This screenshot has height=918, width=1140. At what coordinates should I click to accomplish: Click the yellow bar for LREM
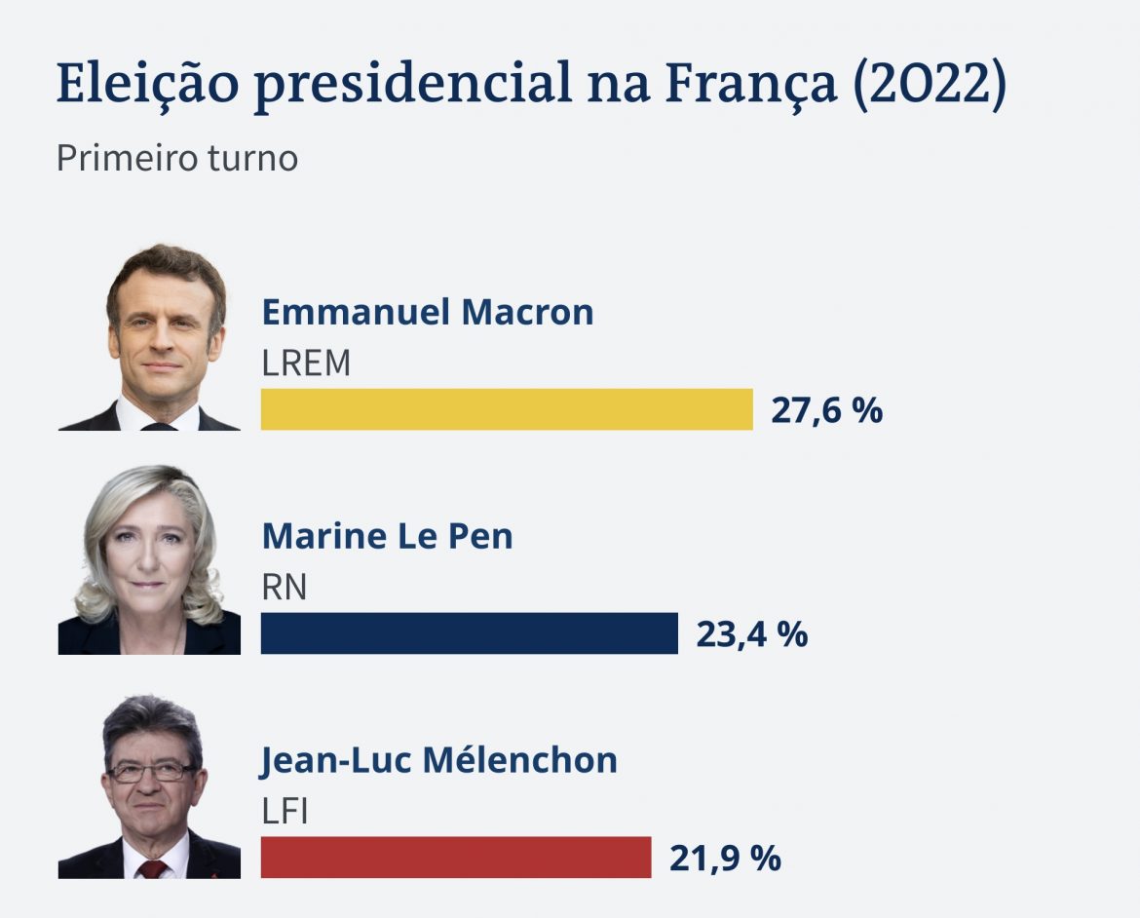tap(507, 409)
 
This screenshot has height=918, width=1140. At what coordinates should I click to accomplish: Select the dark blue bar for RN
tap(469, 633)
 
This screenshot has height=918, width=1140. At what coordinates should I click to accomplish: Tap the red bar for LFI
tap(455, 858)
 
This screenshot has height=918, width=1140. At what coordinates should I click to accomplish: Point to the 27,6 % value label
tap(826, 410)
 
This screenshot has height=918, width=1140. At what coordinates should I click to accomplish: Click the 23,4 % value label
tap(751, 634)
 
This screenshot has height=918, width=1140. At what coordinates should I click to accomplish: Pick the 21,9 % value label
tap(725, 859)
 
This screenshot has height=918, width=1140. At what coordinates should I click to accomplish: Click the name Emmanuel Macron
tap(427, 312)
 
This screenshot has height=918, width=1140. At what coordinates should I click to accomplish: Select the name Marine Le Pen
tap(387, 536)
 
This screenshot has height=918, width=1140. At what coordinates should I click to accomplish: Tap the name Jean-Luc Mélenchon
tap(438, 760)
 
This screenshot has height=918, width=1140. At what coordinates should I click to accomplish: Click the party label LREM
tap(306, 363)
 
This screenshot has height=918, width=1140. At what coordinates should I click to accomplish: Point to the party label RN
tap(284, 588)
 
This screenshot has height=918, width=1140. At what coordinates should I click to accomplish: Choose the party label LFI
tap(285, 812)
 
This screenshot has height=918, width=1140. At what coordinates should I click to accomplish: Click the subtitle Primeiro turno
tap(176, 158)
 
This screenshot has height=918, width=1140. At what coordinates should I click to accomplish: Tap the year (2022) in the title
tap(930, 83)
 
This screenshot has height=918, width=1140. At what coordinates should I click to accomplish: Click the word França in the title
tap(750, 85)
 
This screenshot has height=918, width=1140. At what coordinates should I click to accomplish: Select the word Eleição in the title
tap(146, 85)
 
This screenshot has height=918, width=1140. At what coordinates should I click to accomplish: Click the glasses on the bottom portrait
tap(150, 772)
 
